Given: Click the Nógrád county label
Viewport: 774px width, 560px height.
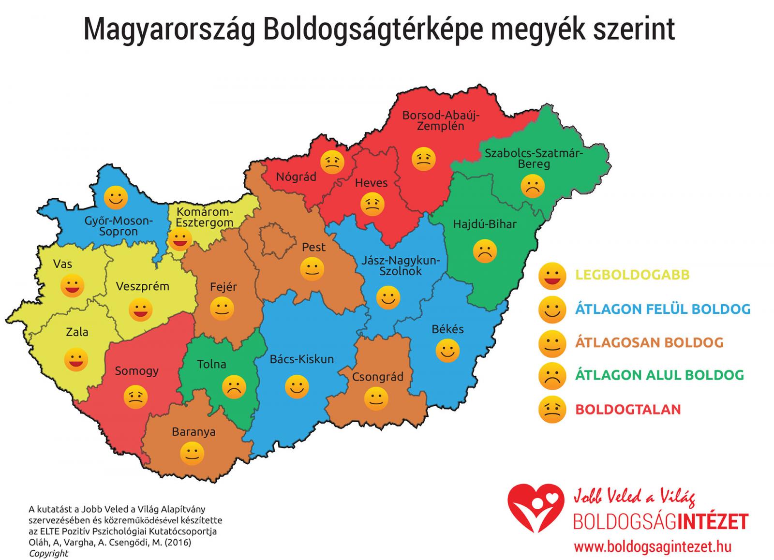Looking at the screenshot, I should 296,177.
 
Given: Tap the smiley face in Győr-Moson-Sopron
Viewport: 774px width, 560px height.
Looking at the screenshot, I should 116,197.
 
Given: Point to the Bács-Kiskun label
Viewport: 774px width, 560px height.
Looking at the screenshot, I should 302,359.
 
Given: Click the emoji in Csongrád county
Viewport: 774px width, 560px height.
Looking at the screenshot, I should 376,398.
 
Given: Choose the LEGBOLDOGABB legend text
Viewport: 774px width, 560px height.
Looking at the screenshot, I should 632,275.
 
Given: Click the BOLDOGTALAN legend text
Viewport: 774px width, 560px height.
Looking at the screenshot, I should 628,410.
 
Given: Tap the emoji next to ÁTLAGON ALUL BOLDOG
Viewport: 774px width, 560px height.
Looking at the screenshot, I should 552,376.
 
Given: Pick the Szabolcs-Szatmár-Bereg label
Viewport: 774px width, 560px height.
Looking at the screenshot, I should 534,159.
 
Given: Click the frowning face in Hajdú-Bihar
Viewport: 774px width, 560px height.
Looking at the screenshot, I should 485,251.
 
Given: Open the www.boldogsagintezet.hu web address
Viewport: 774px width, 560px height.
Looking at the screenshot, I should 653,547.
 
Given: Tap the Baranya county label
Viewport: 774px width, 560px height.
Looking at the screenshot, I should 193,432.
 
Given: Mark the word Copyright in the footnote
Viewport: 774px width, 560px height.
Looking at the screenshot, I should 48,553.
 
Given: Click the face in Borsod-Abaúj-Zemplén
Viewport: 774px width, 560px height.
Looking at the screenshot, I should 424,159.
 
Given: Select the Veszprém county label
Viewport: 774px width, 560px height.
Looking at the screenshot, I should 143,286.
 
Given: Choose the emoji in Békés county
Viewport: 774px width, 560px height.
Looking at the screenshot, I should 447,351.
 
